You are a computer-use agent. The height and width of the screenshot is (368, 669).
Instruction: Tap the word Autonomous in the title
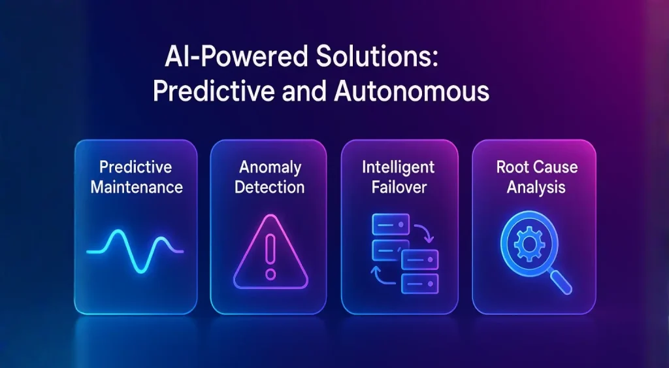(x=412, y=91)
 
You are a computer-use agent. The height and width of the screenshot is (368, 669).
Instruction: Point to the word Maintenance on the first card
(x=137, y=187)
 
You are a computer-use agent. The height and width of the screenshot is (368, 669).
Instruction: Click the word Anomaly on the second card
(x=270, y=167)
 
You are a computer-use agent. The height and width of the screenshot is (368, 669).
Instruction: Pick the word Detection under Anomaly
(x=270, y=187)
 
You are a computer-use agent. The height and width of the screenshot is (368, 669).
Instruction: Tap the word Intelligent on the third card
(x=399, y=167)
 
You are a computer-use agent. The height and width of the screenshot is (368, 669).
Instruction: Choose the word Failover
(x=399, y=187)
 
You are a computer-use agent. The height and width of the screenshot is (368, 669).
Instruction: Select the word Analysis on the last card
(x=536, y=187)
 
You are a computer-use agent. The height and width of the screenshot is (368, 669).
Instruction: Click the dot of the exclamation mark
(x=270, y=274)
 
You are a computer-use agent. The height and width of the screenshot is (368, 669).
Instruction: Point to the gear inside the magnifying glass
(x=529, y=244)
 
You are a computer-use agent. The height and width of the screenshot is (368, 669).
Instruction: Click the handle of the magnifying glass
(x=560, y=282)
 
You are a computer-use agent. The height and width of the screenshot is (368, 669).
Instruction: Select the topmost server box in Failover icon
(x=391, y=225)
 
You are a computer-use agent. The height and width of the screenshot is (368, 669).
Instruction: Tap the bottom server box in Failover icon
(x=420, y=284)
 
